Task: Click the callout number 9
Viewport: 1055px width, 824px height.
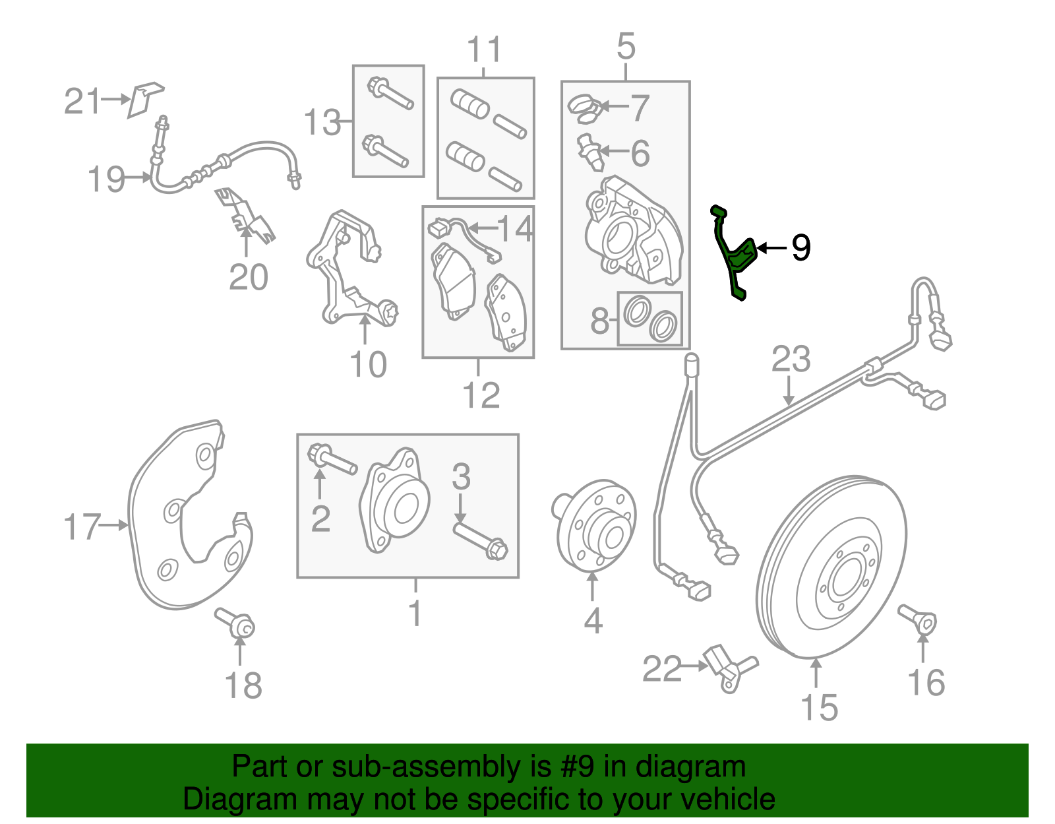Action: click(800, 248)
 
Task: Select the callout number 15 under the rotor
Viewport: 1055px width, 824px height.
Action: click(819, 707)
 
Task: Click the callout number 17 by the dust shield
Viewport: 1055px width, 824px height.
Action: click(82, 527)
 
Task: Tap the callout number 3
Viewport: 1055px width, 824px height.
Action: click(461, 477)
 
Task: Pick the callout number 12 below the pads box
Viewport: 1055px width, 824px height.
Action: click(481, 395)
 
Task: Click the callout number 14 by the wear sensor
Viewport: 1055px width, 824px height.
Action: click(515, 229)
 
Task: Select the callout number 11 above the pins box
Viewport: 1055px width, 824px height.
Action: click(485, 49)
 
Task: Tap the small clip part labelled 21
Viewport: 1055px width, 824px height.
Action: click(145, 99)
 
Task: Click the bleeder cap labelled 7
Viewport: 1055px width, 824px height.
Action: click(583, 108)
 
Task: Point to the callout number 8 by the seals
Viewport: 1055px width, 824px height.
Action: click(599, 321)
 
